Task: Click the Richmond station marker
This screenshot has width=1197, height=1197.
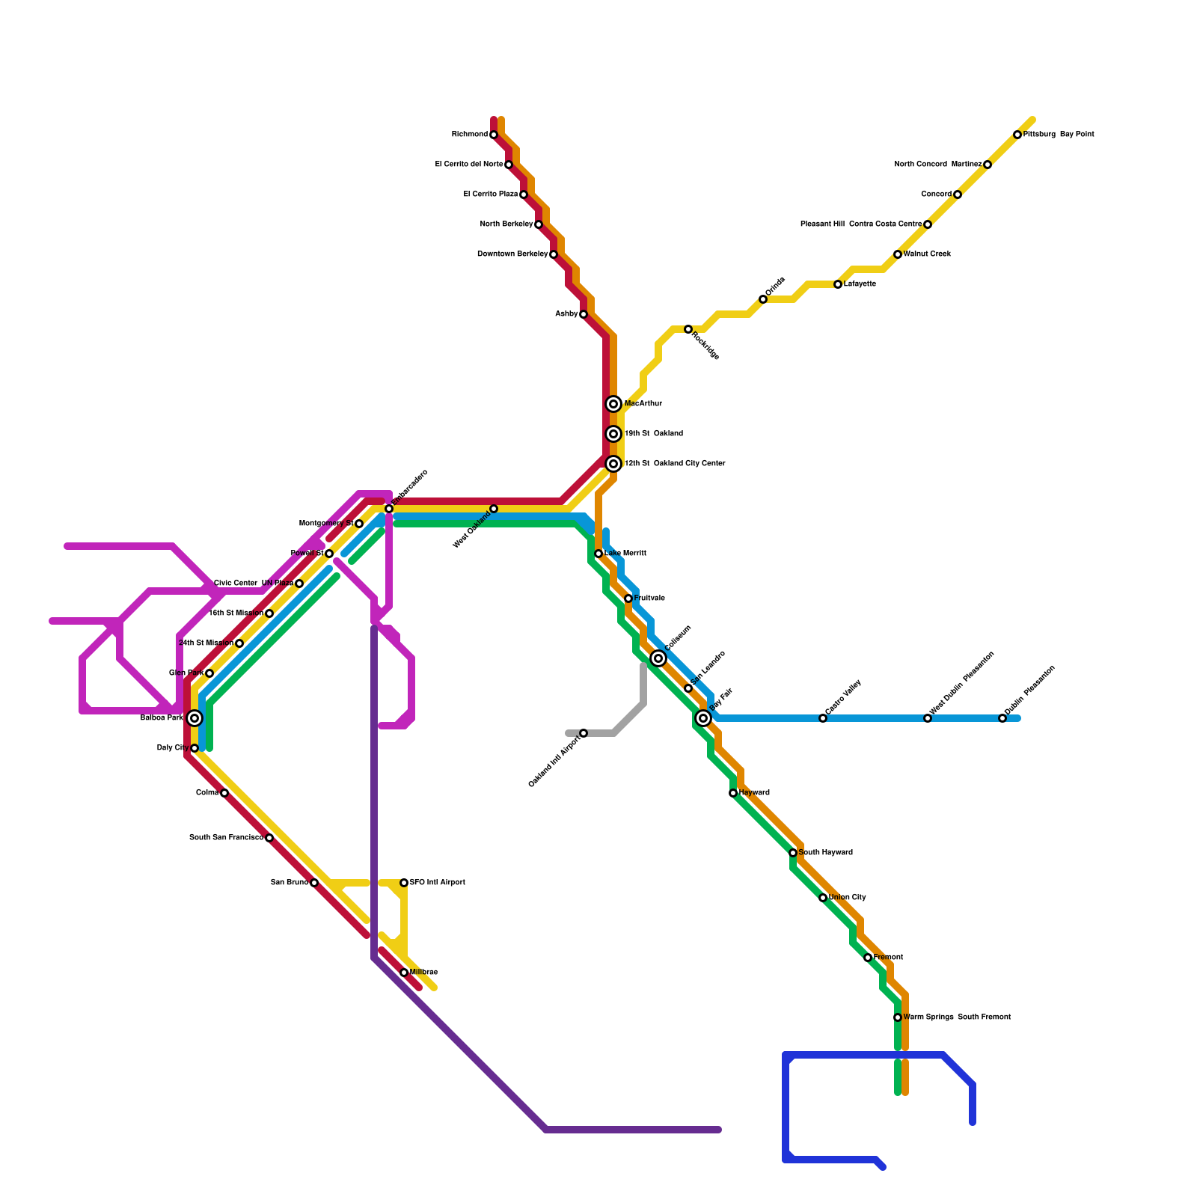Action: pos(494,135)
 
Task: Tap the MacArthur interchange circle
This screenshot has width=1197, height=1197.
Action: pos(613,404)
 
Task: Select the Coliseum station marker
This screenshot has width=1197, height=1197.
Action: pos(658,658)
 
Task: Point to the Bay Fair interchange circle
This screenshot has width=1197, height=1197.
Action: pos(703,718)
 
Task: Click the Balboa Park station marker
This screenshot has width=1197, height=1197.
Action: pos(195,718)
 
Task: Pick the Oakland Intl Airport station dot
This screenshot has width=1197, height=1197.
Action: pos(584,733)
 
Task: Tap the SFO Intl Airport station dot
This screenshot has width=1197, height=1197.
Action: pos(404,883)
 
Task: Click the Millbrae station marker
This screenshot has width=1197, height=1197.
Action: pos(404,973)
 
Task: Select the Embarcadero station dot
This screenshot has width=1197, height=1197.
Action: pos(389,509)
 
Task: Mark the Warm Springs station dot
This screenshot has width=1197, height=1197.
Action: pos(898,1017)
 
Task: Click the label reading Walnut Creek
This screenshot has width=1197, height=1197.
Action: pos(927,254)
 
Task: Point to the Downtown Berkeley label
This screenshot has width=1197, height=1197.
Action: pos(512,254)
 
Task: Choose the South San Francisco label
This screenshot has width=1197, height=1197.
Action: pos(226,838)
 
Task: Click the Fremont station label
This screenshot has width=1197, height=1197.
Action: pos(888,958)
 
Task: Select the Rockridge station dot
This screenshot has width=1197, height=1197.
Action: pos(688,329)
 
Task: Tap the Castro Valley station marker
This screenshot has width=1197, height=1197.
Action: pos(823,718)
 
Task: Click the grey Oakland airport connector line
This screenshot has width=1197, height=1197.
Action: pos(628,718)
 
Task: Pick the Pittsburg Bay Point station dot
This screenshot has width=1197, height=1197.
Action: pos(1017,135)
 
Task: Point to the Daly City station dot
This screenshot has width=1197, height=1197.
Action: pos(195,748)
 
